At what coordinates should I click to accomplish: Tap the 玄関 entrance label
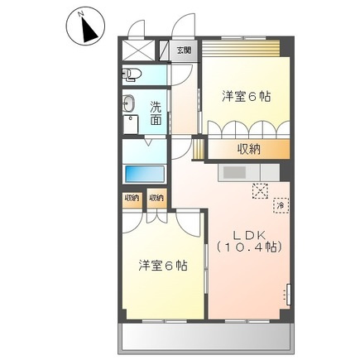pos(184,50)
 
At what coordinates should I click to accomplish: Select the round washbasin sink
pos(130,104)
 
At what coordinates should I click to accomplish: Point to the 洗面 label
pos(156,113)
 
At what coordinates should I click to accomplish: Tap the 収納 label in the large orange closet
pos(249,149)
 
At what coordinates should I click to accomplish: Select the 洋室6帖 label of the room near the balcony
pos(162,266)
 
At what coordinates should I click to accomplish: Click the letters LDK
pos(247,232)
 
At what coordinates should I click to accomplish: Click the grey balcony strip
pos(204,337)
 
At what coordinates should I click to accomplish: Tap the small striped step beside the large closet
pos(198,149)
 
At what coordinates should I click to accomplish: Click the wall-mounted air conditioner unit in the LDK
pos(289,293)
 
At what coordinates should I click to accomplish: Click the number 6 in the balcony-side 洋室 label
pos(170,266)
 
